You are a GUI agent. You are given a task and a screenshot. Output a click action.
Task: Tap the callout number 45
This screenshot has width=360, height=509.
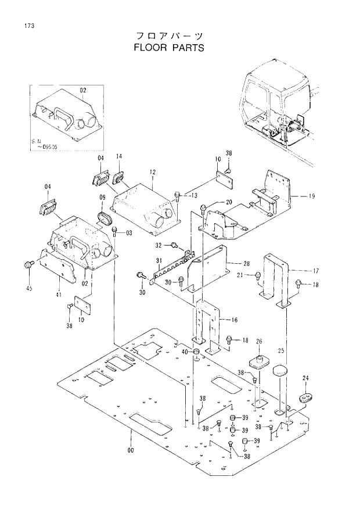tap(29, 289)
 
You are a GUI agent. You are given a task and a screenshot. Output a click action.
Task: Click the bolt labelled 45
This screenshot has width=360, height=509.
tap(27, 266)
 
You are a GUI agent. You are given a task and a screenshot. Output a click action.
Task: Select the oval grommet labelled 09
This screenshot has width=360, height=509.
tap(106, 218)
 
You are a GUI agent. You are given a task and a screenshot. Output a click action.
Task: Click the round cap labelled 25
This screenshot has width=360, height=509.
tap(280, 370)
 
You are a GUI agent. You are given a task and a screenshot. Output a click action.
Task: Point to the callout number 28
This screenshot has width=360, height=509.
tap(246, 264)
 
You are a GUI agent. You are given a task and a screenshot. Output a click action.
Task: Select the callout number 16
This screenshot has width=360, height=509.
tap(235, 320)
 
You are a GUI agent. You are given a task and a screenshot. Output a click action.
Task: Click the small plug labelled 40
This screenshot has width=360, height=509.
tap(196, 353)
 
